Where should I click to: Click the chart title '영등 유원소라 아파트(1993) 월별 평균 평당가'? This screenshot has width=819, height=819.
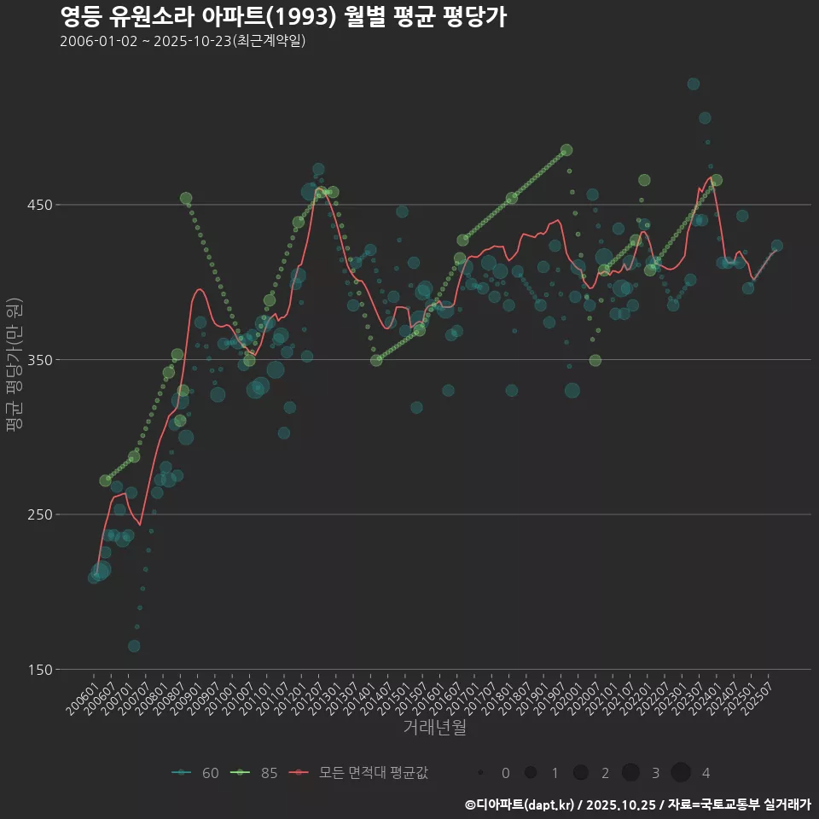[283, 17]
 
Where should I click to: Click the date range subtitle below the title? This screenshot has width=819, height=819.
[183, 42]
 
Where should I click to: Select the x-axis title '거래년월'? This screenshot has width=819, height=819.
[434, 728]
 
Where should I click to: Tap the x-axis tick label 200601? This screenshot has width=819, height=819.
[82, 697]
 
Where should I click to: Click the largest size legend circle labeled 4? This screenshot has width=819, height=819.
[680, 773]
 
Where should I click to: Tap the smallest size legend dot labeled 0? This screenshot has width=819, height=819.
[480, 773]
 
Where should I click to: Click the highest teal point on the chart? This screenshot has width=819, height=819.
[693, 84]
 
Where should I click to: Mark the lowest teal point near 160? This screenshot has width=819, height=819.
[134, 646]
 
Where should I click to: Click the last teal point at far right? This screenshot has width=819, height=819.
[776, 246]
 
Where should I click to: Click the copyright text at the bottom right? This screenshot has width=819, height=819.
[637, 804]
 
